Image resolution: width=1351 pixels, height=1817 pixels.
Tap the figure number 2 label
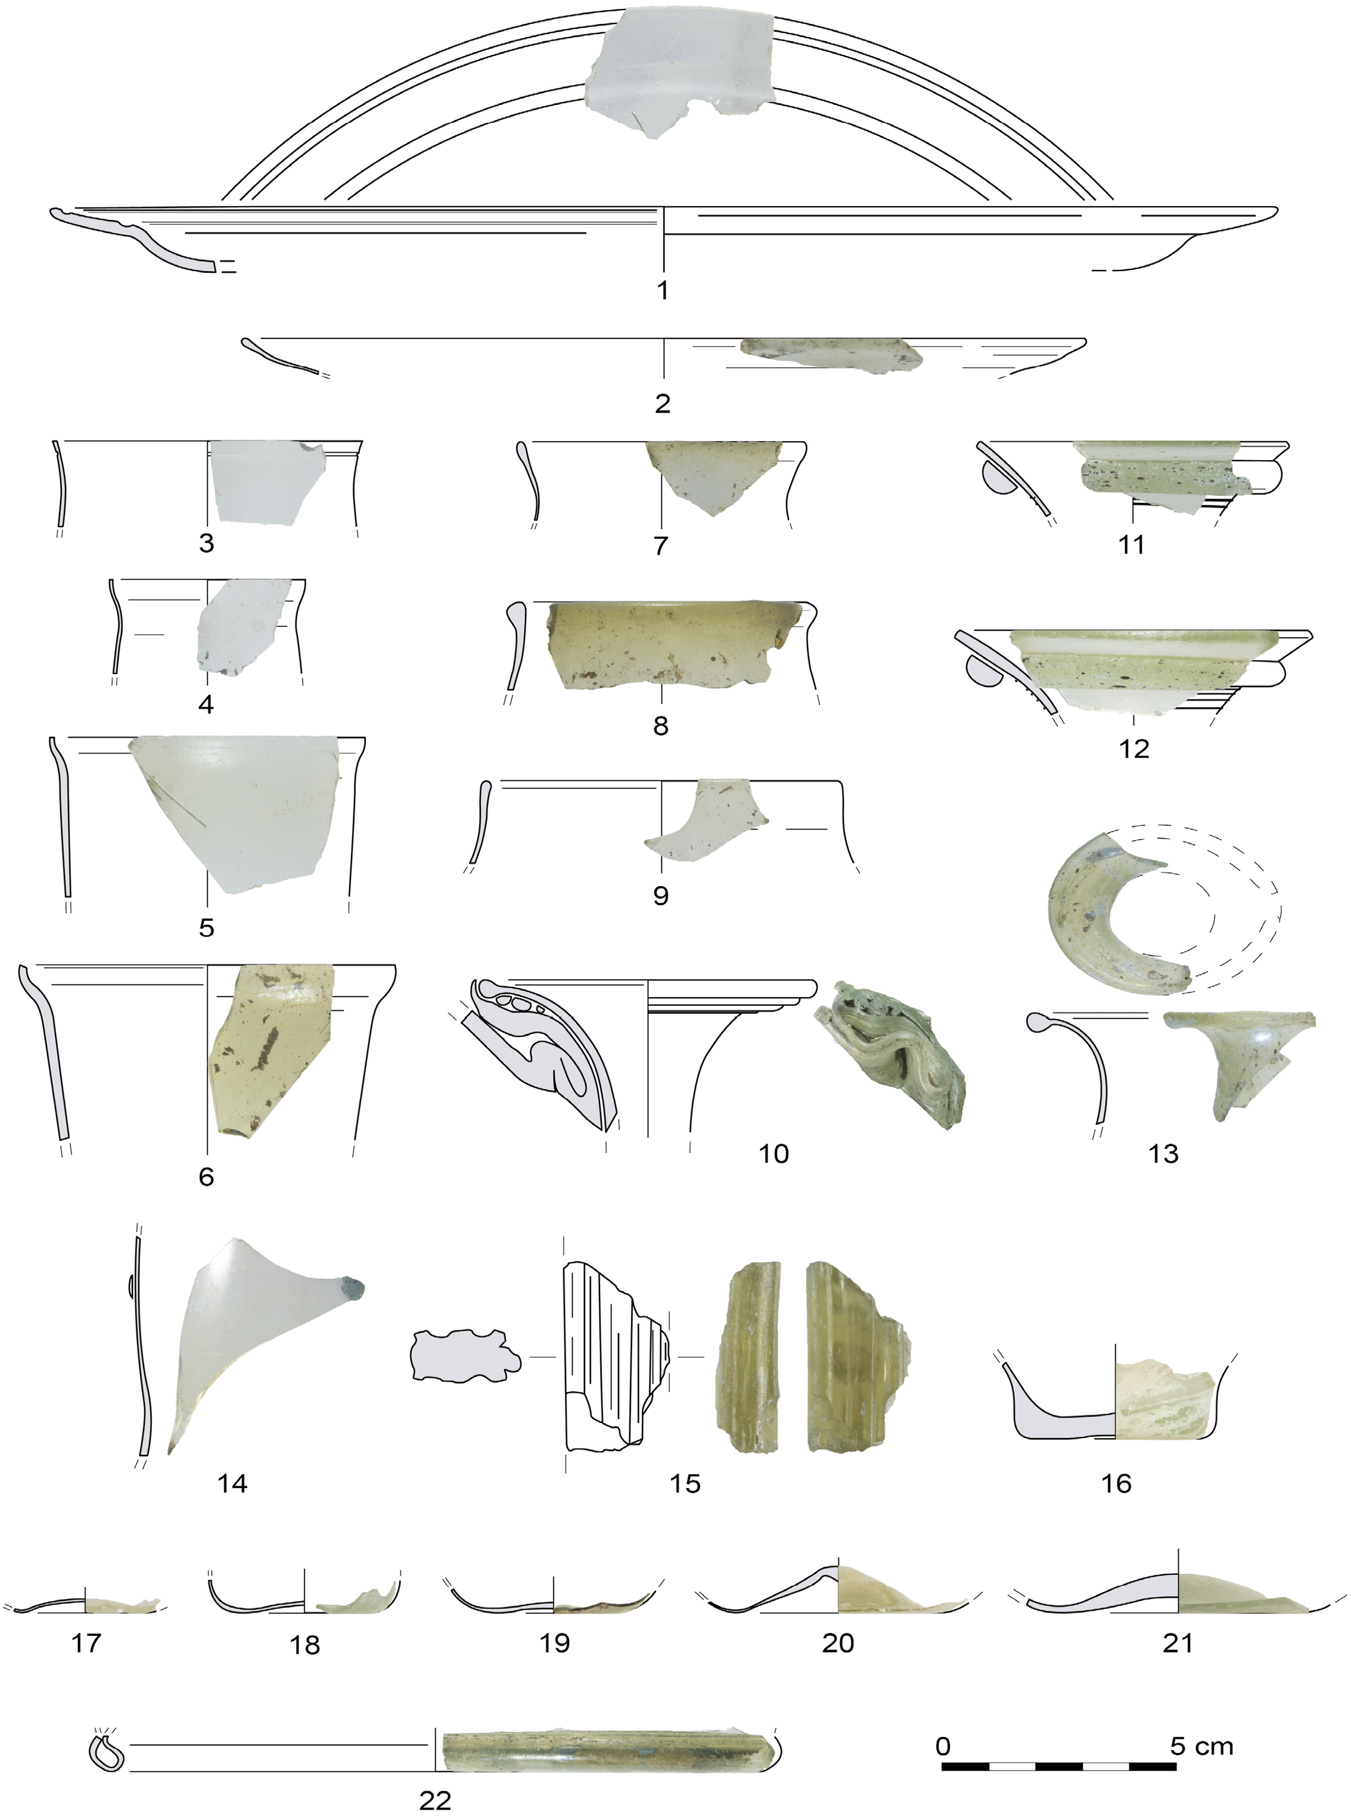[x=663, y=403]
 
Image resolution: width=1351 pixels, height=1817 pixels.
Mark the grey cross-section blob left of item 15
[x=464, y=1356]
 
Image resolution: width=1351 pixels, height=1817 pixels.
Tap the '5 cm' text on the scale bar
[x=1201, y=1746]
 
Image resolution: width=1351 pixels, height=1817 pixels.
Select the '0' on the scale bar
[x=943, y=1746]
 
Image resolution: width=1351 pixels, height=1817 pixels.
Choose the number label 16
[x=1116, y=1483]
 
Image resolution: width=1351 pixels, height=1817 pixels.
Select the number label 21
[x=1178, y=1643]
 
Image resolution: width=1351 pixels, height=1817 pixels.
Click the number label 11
[x=1131, y=544]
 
